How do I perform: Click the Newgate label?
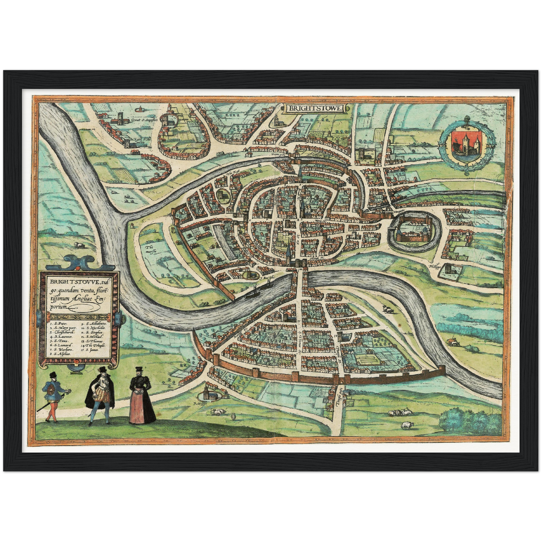click(401, 211)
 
